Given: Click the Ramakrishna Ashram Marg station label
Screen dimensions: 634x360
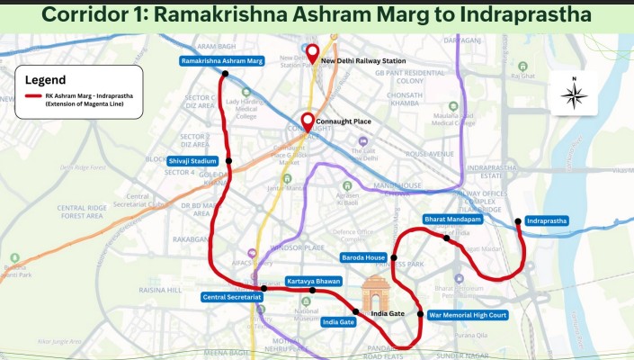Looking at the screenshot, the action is [x=221, y=61].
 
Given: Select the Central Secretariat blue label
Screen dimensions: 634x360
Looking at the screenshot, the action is [x=231, y=297].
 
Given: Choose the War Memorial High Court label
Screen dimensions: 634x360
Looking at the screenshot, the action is [x=468, y=315].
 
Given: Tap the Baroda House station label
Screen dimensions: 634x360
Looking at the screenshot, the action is [x=362, y=257].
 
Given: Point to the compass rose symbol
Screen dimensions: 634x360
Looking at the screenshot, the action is [x=575, y=93].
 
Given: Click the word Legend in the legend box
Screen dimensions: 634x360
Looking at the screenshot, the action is [x=45, y=80].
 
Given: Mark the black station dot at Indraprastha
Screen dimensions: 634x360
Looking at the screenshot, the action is [x=517, y=220].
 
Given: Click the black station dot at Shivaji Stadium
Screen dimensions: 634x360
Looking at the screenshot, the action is [x=229, y=161].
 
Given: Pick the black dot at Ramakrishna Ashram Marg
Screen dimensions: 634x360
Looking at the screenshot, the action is [x=227, y=74].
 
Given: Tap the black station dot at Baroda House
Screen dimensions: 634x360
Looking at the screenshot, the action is [x=394, y=257].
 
